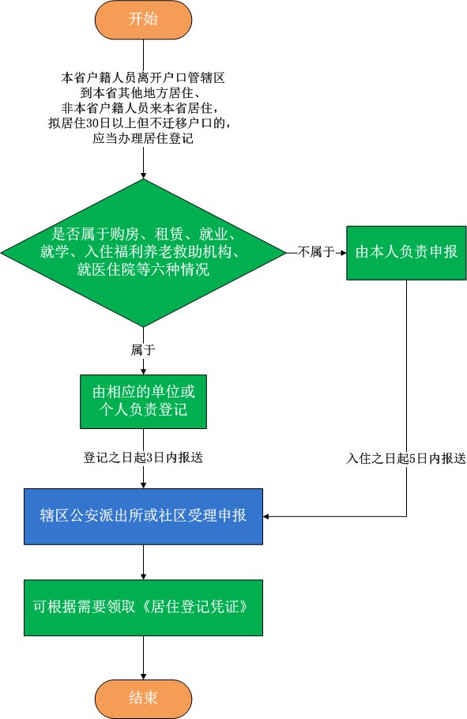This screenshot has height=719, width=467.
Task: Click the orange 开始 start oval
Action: tap(143, 19)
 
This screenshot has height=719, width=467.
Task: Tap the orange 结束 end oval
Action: tap(143, 698)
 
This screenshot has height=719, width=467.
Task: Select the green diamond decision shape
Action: tap(143, 253)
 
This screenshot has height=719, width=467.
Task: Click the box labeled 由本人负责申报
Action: tap(406, 253)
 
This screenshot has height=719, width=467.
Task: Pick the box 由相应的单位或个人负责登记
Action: tap(143, 401)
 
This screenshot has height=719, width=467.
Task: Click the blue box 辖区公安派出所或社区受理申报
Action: tap(143, 516)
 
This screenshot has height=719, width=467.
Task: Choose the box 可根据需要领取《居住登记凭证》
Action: tap(143, 608)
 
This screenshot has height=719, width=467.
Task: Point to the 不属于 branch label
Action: tap(316, 252)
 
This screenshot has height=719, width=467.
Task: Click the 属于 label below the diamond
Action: tap(143, 350)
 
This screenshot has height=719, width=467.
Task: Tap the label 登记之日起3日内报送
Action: tap(143, 457)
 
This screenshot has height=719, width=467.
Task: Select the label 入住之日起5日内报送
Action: tap(406, 458)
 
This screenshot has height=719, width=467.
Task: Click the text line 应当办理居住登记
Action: tap(143, 138)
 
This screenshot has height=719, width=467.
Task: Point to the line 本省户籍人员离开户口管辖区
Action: tap(143, 77)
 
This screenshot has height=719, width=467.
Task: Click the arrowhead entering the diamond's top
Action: tap(143, 175)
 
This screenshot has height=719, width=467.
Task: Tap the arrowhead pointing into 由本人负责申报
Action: tap(343, 253)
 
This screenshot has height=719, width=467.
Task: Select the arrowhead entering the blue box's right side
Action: tap(266, 516)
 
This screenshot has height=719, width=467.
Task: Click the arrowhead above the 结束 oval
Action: tap(143, 677)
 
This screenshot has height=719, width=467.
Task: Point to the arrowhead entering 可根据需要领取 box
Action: tap(143, 577)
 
